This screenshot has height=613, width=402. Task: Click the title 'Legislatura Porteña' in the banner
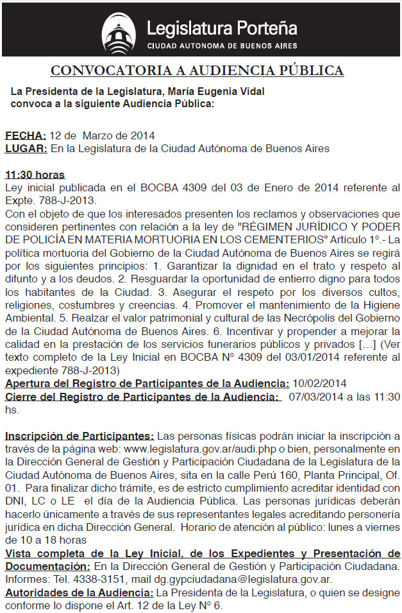[x=222, y=28]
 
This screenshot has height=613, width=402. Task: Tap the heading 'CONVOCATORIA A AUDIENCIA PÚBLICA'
[x=197, y=70]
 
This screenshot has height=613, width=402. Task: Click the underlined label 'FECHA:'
[x=26, y=135]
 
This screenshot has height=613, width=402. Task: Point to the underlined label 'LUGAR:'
[x=26, y=148]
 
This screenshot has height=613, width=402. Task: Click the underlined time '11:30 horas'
[x=35, y=175]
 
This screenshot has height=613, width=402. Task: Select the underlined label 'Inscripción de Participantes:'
[x=80, y=436]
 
